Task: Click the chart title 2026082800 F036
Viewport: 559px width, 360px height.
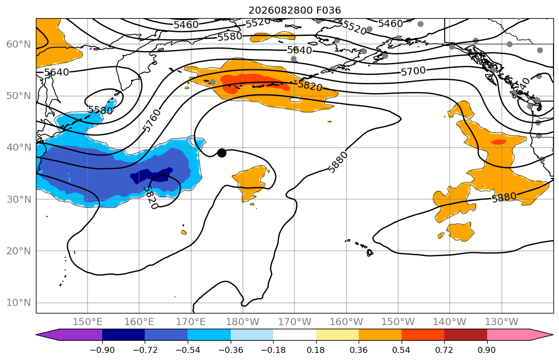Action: pos(294,10)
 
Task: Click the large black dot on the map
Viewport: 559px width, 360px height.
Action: pos(222,153)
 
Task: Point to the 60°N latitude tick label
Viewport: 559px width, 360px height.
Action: pos(19,44)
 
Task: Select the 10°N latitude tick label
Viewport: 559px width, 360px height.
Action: pos(19,303)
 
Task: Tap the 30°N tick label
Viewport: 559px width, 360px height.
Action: pos(19,199)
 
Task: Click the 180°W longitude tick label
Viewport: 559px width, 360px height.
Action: pos(243,322)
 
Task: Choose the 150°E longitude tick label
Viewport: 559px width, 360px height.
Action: pos(88,322)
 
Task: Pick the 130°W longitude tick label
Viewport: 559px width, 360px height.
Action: pos(502,322)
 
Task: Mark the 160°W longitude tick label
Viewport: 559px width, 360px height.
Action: pos(346,322)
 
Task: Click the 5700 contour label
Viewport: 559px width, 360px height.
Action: pos(413,71)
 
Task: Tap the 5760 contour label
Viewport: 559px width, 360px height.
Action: pos(152,120)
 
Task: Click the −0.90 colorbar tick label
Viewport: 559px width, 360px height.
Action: pos(102,350)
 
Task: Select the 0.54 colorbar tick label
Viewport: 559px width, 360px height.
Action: pos(402,350)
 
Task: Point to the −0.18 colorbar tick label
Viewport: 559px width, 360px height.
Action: pos(274,350)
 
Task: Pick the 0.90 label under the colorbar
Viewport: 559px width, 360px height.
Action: pos(487,350)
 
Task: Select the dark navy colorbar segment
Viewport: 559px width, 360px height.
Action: pos(123,335)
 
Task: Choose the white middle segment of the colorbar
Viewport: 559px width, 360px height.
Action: pos(294,335)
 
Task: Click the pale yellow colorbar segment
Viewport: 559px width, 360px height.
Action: pos(337,335)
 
